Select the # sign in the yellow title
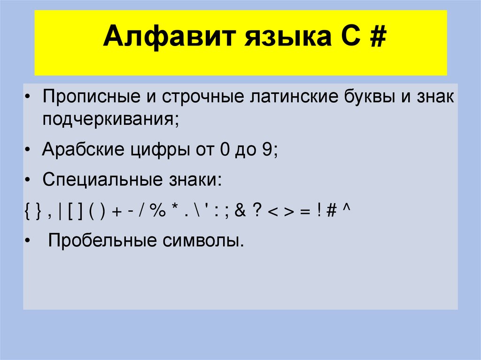tap(376, 38)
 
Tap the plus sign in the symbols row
tap(116, 211)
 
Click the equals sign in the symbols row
tap(304, 211)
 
